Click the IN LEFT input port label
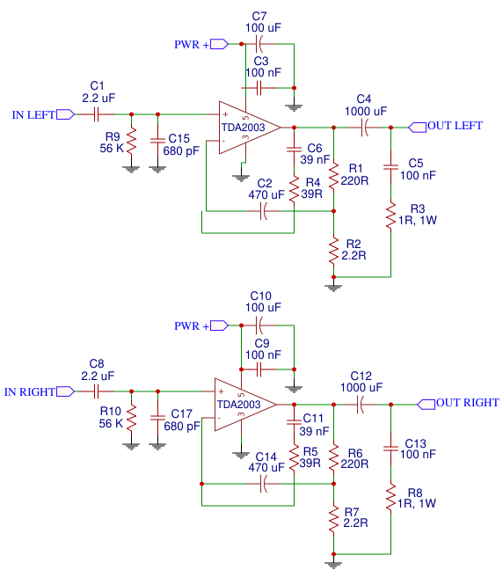tap(33, 114)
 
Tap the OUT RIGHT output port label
tap(467, 403)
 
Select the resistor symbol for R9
tap(131, 142)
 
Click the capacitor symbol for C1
tap(98, 113)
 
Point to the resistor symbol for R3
tap(390, 212)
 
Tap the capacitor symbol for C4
tap(364, 128)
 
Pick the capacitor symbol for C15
tap(157, 140)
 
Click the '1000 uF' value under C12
tap(361, 387)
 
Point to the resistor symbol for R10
tap(131, 418)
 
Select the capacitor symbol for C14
tap(263, 487)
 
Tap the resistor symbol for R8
tap(390, 498)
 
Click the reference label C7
tap(259, 16)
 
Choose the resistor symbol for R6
tap(333, 456)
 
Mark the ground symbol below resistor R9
tap(131, 167)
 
